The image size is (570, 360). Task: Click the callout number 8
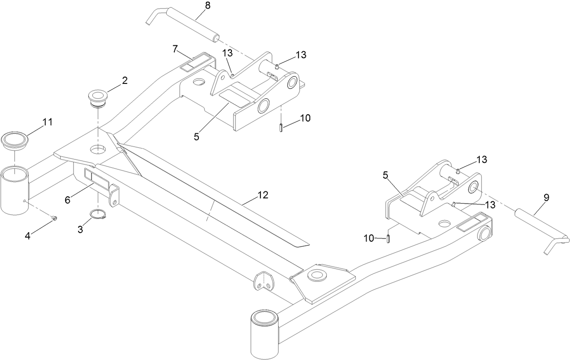(x=195, y=6)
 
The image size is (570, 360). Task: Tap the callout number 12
(x=262, y=195)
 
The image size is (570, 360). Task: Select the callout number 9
(x=546, y=197)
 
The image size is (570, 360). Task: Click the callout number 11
(x=48, y=122)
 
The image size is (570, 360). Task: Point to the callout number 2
(x=124, y=81)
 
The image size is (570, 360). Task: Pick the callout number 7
(x=174, y=49)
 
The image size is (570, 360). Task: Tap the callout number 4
(x=28, y=236)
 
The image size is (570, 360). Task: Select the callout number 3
(x=80, y=229)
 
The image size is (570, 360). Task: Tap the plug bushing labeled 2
(x=96, y=98)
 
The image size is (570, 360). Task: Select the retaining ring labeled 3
(x=99, y=214)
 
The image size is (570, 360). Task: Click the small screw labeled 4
(x=54, y=219)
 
